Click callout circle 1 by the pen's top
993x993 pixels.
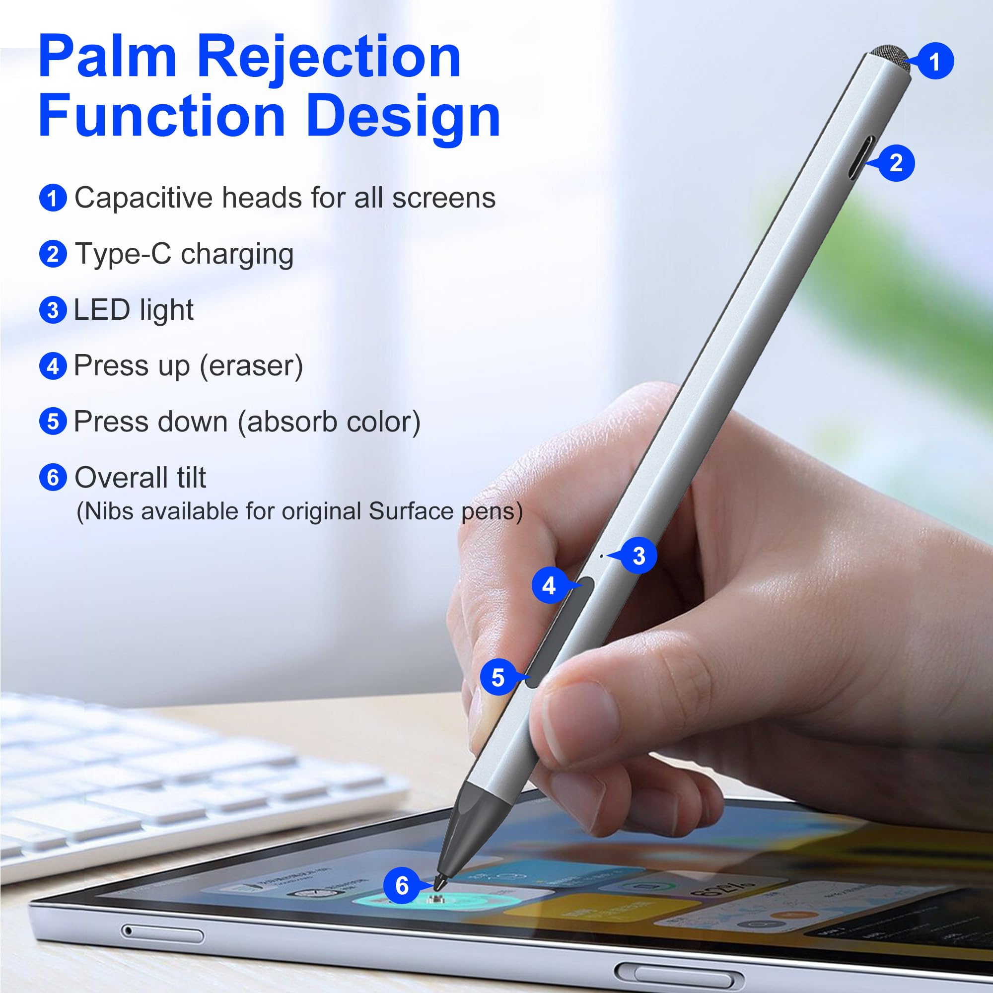tap(934, 61)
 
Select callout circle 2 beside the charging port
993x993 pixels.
tap(896, 163)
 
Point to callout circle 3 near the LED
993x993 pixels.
tap(639, 556)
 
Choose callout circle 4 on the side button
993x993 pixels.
tap(549, 585)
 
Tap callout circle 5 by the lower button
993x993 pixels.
tap(497, 677)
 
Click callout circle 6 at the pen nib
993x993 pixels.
tap(402, 885)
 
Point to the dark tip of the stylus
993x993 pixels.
tap(441, 879)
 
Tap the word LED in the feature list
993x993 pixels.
tap(102, 310)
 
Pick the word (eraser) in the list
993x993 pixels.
tap(251, 366)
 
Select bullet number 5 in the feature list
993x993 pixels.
tap(53, 422)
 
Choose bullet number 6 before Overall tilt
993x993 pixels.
tap(53, 478)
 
